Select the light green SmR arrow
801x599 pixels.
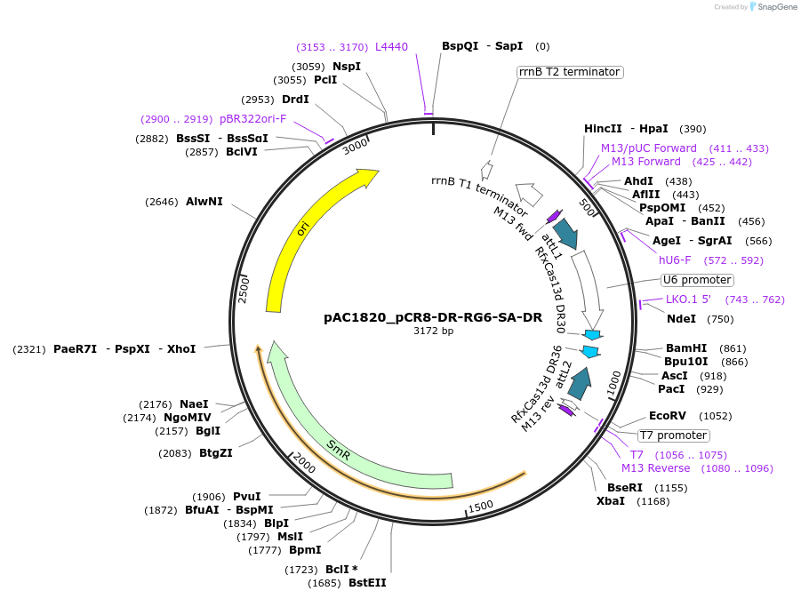tap(338, 443)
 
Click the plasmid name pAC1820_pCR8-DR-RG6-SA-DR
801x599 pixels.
tap(433, 317)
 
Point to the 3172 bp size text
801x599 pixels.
tap(433, 331)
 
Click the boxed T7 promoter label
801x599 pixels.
tap(674, 435)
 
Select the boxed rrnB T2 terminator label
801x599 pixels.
tap(569, 72)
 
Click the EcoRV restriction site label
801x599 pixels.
tap(667, 416)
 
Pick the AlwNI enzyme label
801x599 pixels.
tap(204, 202)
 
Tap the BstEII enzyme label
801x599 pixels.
tap(367, 583)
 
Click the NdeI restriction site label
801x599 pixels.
tap(681, 319)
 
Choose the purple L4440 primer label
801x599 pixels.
tap(391, 46)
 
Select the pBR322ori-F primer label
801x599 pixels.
tap(252, 119)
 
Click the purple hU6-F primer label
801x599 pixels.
tap(676, 260)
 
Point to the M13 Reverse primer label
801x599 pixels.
tap(655, 468)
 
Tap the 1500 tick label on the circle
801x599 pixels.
tap(481, 506)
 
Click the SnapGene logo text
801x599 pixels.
tap(775, 7)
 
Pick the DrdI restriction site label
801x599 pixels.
tap(295, 100)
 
